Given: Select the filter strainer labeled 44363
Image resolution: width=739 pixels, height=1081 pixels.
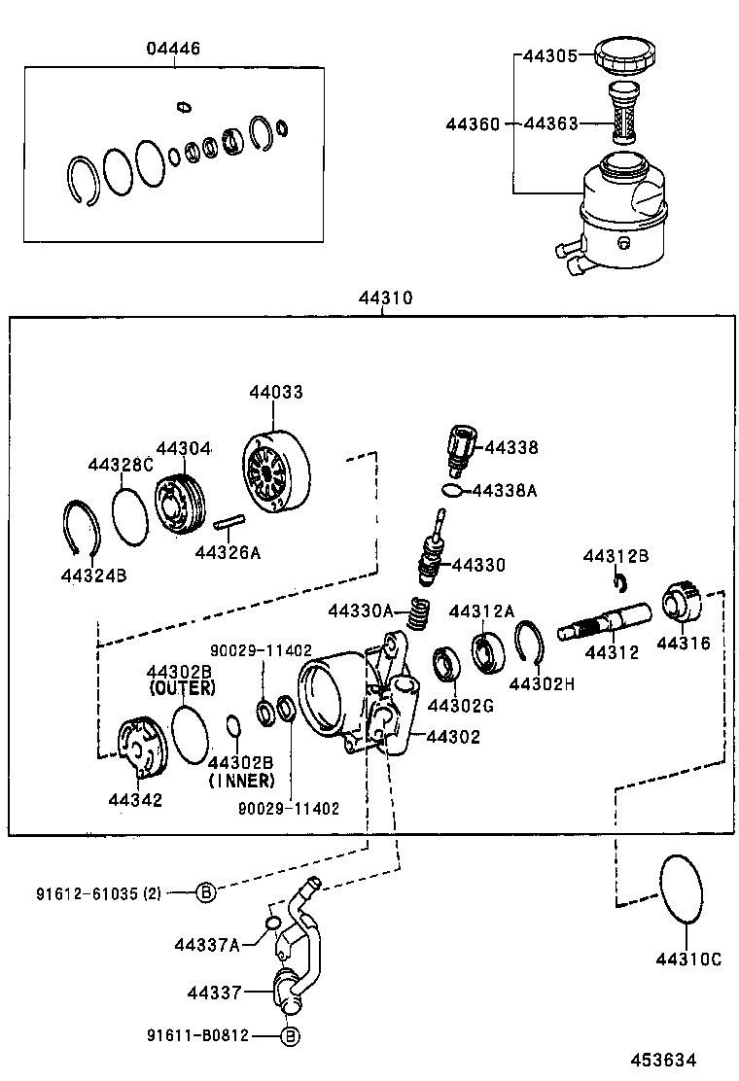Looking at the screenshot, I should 619,116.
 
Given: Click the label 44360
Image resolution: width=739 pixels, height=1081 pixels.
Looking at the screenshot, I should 474,124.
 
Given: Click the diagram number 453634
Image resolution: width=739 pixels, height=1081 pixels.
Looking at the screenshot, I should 663,1061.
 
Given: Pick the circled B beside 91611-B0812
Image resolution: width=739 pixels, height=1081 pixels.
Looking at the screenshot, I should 290,1037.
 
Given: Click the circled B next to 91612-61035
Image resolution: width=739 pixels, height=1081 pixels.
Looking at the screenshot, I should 206,891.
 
